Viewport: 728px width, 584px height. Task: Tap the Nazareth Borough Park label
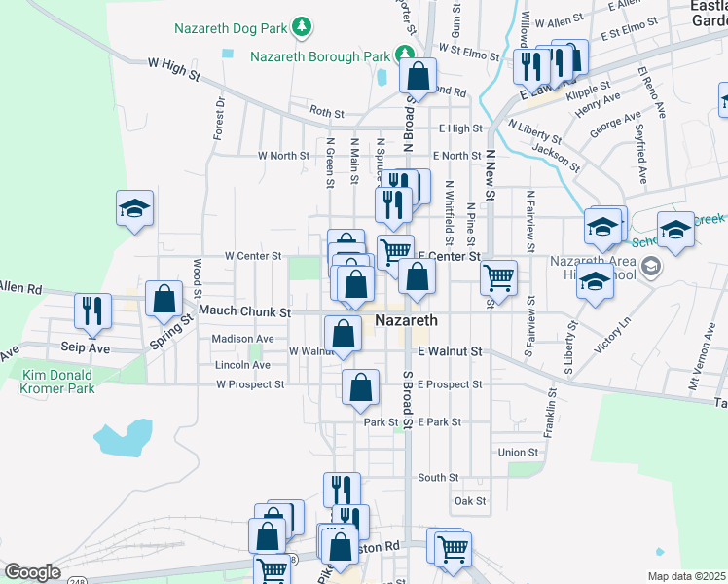[320, 55]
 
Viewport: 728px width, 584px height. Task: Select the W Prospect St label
[250, 384]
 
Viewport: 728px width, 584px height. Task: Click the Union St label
[518, 453]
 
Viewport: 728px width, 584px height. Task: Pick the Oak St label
[468, 502]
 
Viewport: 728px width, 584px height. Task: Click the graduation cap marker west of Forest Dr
[134, 207]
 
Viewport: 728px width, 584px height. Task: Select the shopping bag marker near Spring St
[164, 298]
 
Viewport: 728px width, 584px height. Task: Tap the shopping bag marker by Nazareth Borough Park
[418, 75]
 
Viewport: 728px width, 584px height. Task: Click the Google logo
[32, 572]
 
